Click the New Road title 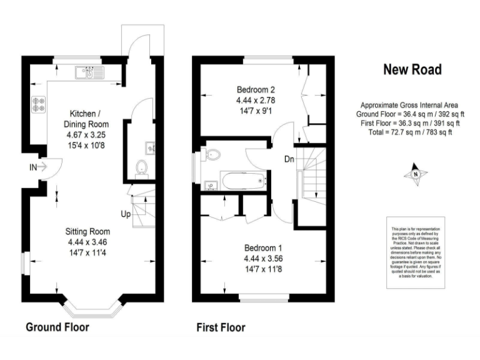[412, 69]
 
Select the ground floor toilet [141, 167]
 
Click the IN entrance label [32, 167]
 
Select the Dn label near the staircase [289, 159]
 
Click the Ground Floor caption [57, 327]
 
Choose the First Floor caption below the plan [221, 327]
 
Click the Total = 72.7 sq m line [411, 132]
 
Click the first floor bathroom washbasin [210, 184]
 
